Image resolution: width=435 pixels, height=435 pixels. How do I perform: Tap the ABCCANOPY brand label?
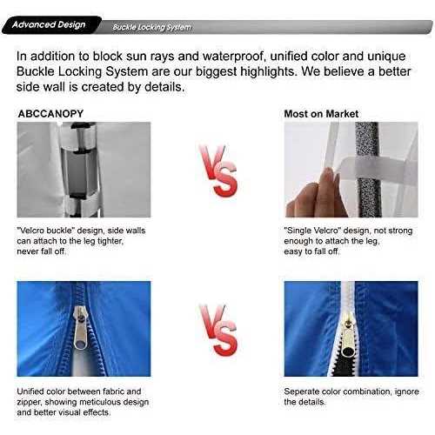pyautogui.click(x=51, y=114)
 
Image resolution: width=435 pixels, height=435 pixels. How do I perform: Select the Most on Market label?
pyautogui.click(x=321, y=114)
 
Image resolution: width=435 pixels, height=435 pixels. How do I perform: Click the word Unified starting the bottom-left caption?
pyautogui.click(x=35, y=391)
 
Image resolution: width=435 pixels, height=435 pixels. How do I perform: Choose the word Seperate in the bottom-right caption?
pyautogui.click(x=305, y=391)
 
